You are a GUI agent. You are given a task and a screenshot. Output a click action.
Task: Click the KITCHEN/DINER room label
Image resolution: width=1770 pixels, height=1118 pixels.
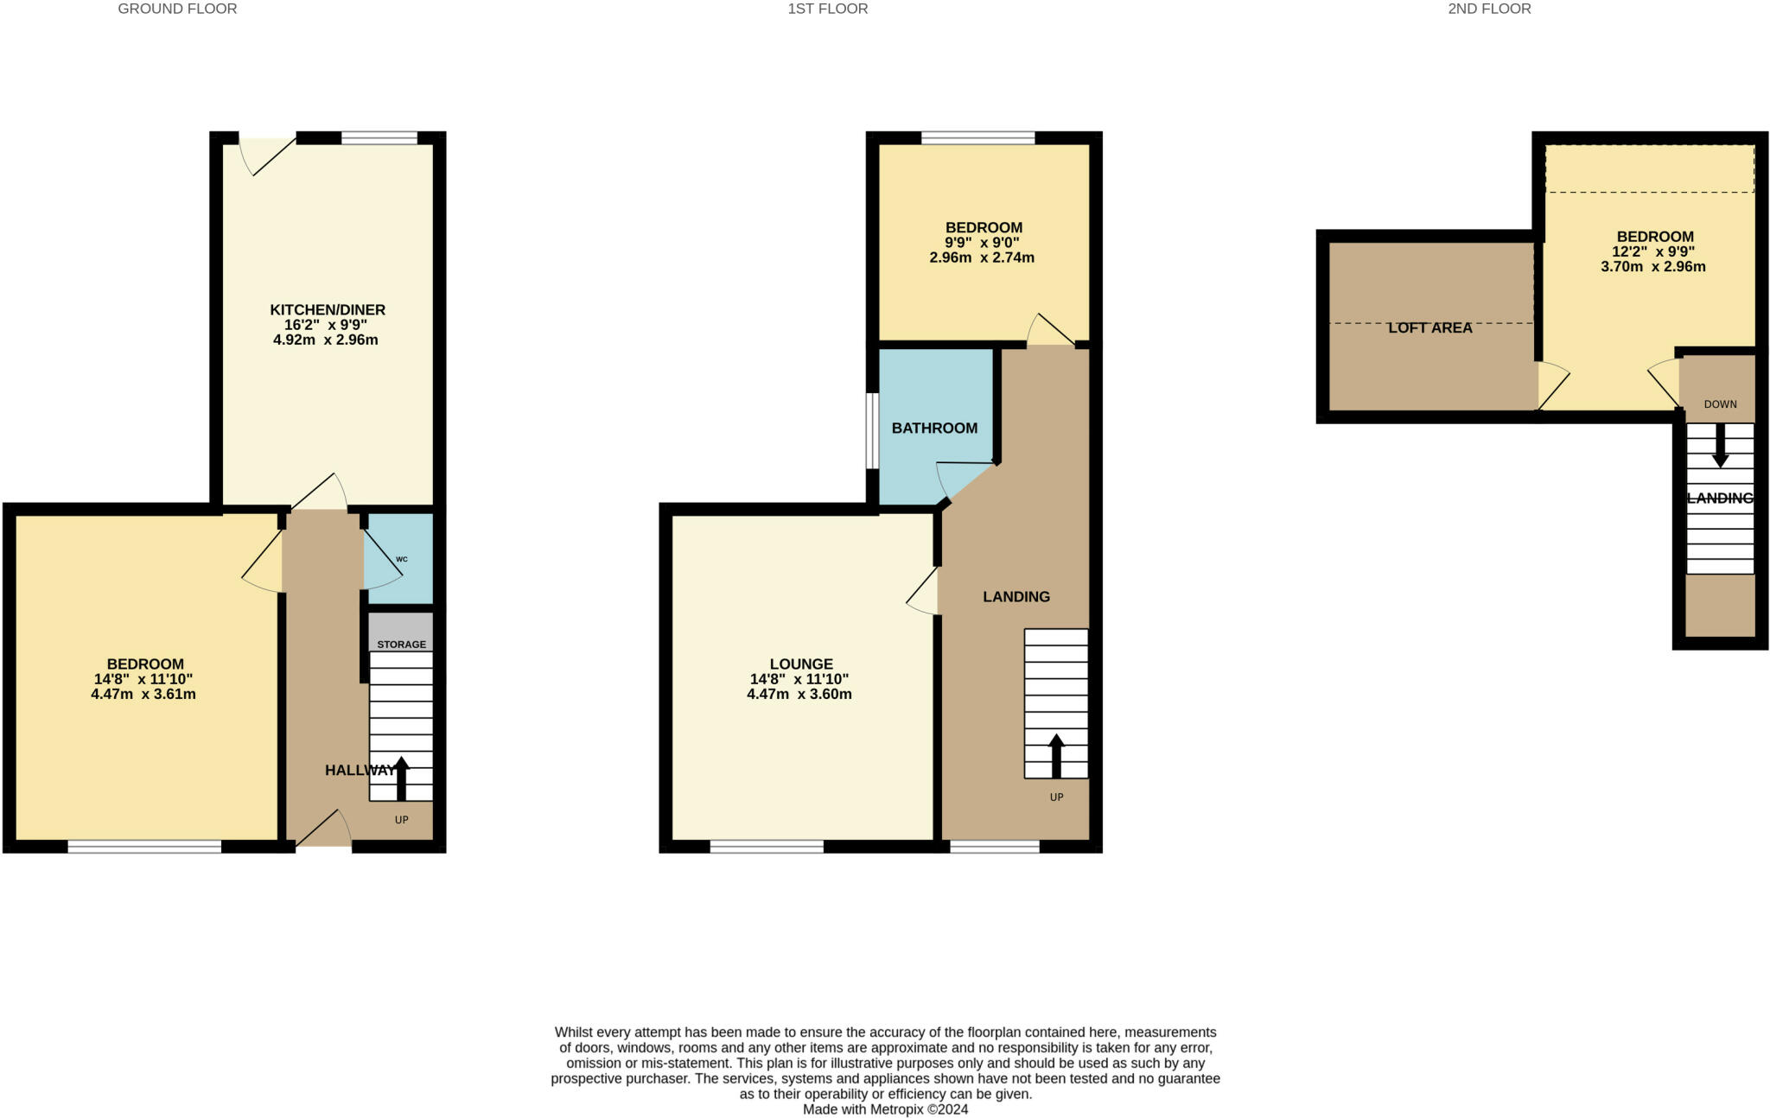328,309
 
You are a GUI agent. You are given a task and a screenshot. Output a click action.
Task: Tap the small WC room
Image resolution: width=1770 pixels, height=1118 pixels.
400,559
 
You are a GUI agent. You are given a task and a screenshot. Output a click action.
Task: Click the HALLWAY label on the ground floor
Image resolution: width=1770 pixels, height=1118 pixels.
359,770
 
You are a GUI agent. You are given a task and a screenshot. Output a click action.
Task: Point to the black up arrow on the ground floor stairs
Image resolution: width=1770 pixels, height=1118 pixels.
401,778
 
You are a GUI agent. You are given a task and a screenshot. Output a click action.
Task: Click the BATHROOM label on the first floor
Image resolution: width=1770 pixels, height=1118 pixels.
934,428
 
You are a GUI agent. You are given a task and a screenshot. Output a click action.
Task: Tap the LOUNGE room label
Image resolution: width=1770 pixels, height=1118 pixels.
801,664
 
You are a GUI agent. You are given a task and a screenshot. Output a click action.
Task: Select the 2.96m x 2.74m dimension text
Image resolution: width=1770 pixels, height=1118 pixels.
982,257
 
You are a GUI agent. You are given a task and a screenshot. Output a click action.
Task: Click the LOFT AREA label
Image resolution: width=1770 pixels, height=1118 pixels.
1429,328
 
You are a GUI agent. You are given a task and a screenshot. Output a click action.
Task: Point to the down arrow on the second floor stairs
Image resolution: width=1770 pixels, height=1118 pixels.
1720,445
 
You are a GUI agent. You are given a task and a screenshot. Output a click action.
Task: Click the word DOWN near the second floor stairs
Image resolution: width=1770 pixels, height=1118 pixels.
1720,404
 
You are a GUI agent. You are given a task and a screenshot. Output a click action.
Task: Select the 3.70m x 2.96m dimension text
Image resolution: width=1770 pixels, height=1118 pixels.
1652,266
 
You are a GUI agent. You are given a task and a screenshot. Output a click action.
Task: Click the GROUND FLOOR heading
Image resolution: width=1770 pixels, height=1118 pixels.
177,9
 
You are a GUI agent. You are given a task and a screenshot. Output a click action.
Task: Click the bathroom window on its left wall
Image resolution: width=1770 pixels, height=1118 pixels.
873,431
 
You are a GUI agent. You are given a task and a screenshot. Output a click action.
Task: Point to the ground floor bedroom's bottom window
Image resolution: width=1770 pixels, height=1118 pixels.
144,847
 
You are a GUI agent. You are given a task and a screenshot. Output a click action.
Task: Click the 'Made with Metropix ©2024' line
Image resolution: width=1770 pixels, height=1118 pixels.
885,1109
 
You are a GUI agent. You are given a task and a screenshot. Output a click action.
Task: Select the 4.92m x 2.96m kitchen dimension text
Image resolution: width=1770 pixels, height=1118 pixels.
325,340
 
